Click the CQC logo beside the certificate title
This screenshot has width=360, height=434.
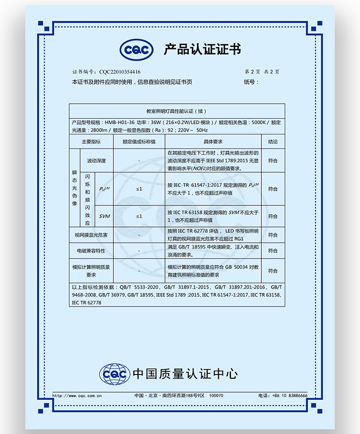pos(137,50)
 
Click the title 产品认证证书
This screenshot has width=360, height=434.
pos(202,50)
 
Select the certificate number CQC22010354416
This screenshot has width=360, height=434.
pos(120,72)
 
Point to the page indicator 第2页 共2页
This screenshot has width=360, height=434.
pos(261,72)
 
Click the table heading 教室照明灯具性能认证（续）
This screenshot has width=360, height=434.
pos(177,112)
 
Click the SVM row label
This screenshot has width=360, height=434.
pos(105,216)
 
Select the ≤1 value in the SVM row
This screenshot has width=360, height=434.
pos(139,216)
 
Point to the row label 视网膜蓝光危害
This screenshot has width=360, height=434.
pos(91,234)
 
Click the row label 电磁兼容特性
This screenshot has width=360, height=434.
pos(91,251)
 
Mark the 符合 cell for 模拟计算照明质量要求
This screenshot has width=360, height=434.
pos(273,270)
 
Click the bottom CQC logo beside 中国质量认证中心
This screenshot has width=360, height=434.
pos(114,374)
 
